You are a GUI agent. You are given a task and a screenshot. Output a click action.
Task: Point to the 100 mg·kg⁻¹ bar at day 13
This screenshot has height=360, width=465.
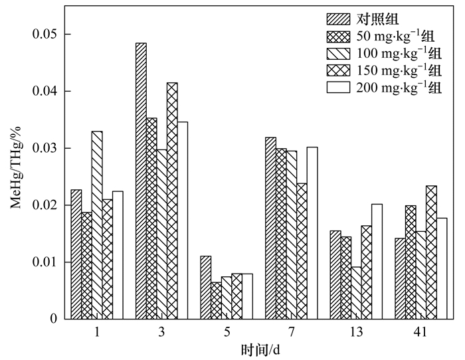click(356, 292)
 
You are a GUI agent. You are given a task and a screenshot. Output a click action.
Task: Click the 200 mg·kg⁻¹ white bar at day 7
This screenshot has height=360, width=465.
click(312, 232)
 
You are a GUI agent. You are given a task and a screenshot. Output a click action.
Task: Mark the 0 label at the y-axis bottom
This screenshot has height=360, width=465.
click(53, 319)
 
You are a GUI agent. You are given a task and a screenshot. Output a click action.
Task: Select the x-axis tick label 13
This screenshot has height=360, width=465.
click(356, 331)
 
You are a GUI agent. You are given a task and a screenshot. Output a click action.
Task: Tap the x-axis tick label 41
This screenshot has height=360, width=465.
click(420, 331)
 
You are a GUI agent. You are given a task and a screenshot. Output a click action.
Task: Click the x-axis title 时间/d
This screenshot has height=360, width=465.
click(260, 348)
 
